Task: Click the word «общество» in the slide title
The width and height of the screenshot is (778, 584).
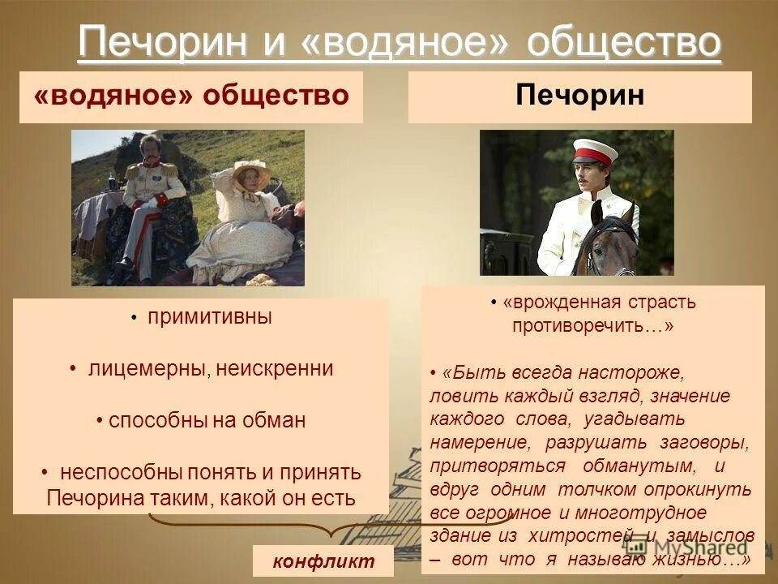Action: [623, 43]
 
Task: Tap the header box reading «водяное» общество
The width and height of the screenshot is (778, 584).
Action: [191, 97]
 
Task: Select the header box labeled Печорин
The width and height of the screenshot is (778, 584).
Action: [579, 97]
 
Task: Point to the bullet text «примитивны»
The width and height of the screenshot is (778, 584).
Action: [209, 317]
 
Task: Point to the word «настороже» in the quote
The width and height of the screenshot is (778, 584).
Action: [637, 372]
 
